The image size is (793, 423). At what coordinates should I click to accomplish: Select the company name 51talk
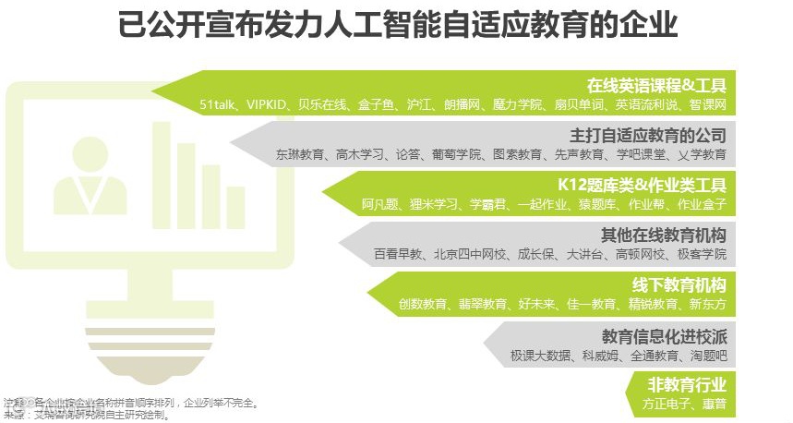tap(219, 105)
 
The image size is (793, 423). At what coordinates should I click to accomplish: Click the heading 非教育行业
tap(686, 384)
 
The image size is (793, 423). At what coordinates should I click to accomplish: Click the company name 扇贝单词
tap(578, 105)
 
